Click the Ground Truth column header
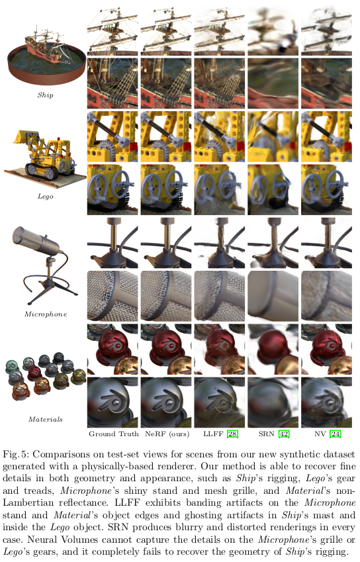[114, 434]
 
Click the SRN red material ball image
[273, 348]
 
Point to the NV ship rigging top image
[326, 29]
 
